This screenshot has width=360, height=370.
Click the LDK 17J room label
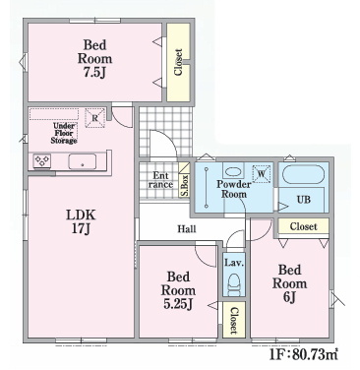[81, 221]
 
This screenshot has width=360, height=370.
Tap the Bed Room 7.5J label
[94, 58]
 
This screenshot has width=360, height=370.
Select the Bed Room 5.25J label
[178, 290]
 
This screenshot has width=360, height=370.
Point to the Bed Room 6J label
[290, 283]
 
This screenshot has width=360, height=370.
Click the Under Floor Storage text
[64, 133]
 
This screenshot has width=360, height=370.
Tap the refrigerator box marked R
[95, 118]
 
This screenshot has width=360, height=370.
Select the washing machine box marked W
[262, 174]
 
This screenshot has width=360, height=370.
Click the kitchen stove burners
[42, 161]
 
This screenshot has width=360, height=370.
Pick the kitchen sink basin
[83, 161]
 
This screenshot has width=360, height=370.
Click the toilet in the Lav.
[234, 285]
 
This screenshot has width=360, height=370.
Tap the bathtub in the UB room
[303, 175]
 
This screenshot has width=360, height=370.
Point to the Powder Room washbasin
[233, 172]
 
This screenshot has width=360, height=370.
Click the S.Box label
[185, 185]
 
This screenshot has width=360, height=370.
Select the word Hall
[187, 228]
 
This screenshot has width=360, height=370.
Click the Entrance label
[160, 180]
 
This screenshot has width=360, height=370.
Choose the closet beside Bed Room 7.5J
[178, 62]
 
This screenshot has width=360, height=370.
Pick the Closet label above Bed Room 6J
[304, 226]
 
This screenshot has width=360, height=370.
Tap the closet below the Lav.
[233, 320]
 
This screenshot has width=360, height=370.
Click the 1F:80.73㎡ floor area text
[304, 354]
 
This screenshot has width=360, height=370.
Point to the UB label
[304, 200]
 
